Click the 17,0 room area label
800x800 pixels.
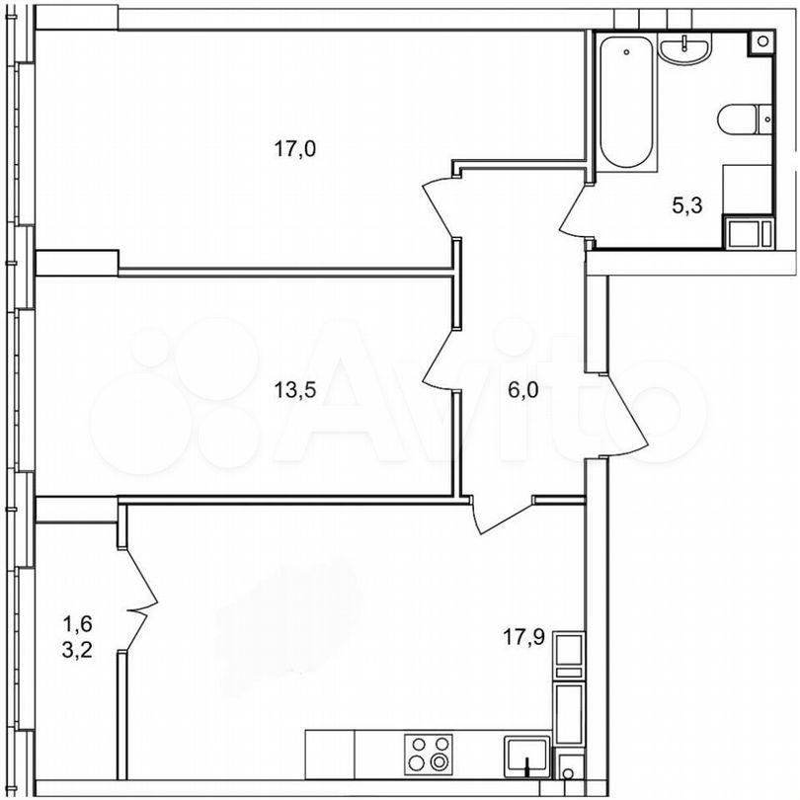tap(295, 149)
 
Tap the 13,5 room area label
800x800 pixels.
tap(295, 390)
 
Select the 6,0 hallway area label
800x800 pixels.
tap(522, 390)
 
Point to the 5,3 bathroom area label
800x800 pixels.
tap(687, 205)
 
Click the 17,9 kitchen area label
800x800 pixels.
tap(524, 637)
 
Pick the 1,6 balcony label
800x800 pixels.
tap(77, 623)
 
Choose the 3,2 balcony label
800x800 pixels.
tap(77, 651)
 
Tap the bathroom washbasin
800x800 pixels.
tap(683, 47)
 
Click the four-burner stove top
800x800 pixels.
tap(429, 753)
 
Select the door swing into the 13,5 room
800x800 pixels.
tap(439, 360)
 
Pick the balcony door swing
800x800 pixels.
tap(141, 600)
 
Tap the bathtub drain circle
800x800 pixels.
tap(626, 51)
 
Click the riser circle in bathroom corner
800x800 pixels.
tap(762, 41)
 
